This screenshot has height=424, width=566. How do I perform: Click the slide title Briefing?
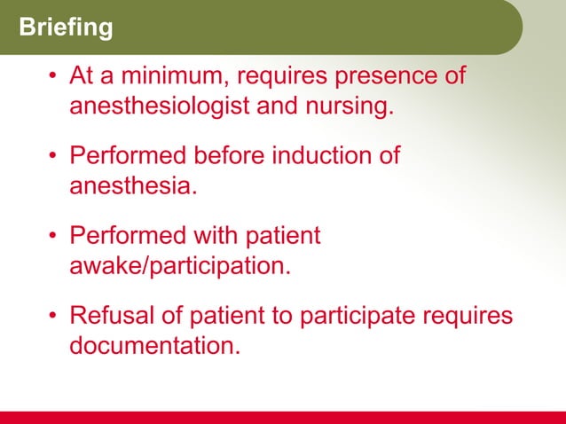[x=67, y=28]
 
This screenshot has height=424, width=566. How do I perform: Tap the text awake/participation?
[x=179, y=266]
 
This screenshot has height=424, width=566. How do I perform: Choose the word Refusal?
[x=113, y=316]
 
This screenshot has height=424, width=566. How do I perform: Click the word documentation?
[x=154, y=346]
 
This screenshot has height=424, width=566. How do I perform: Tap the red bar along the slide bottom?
[x=283, y=417]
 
